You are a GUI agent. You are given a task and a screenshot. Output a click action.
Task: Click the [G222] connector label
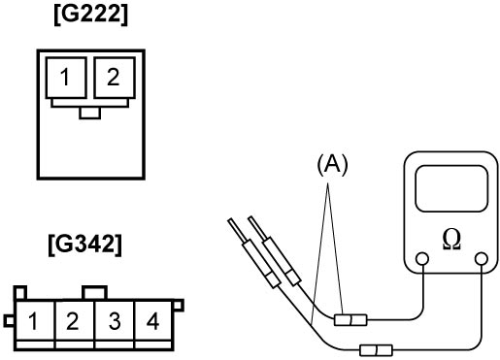(91, 16)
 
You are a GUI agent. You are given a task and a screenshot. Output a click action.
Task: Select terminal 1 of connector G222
(66, 78)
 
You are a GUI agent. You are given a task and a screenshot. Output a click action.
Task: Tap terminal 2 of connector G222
(115, 78)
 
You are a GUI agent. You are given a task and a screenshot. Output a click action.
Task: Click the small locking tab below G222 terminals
(90, 113)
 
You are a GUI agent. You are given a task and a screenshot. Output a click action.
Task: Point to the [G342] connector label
(85, 245)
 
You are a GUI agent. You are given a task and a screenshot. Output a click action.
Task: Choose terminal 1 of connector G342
(34, 321)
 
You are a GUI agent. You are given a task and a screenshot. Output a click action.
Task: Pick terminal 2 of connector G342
(74, 321)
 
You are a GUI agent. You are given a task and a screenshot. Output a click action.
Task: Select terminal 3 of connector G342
(114, 321)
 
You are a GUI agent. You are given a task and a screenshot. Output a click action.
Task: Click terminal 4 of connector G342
(152, 321)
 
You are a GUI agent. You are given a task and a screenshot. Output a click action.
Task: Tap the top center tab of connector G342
(94, 293)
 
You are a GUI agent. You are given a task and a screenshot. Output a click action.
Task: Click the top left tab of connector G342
(19, 293)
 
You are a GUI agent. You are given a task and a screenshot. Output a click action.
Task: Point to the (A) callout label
(332, 165)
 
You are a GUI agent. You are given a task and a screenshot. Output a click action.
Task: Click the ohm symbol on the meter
(451, 241)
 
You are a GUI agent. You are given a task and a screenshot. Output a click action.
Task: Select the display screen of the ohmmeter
(451, 189)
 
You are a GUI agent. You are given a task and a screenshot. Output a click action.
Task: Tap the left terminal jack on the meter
(422, 259)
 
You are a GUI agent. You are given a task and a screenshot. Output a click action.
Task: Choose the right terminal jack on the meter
(482, 259)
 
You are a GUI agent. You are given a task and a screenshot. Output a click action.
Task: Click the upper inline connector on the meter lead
(350, 320)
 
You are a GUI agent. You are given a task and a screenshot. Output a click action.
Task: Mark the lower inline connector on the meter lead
(377, 350)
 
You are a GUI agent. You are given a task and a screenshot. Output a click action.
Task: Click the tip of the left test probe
(230, 221)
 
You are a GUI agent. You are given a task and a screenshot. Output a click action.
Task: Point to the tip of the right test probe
(250, 218)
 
